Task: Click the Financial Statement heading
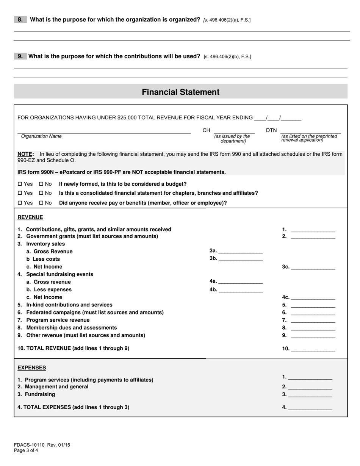(180, 92)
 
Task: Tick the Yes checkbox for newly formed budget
(20, 184)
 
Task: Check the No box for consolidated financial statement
(41, 193)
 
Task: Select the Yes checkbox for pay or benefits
(20, 203)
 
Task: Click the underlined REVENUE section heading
(30, 217)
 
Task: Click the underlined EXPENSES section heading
(32, 368)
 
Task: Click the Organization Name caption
(41, 136)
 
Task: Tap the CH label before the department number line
(206, 130)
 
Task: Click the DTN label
(271, 130)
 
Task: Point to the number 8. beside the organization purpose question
(20, 20)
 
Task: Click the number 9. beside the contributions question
(20, 56)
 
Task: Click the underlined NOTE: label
(26, 154)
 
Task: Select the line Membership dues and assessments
(71, 328)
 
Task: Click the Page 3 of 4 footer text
(26, 450)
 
